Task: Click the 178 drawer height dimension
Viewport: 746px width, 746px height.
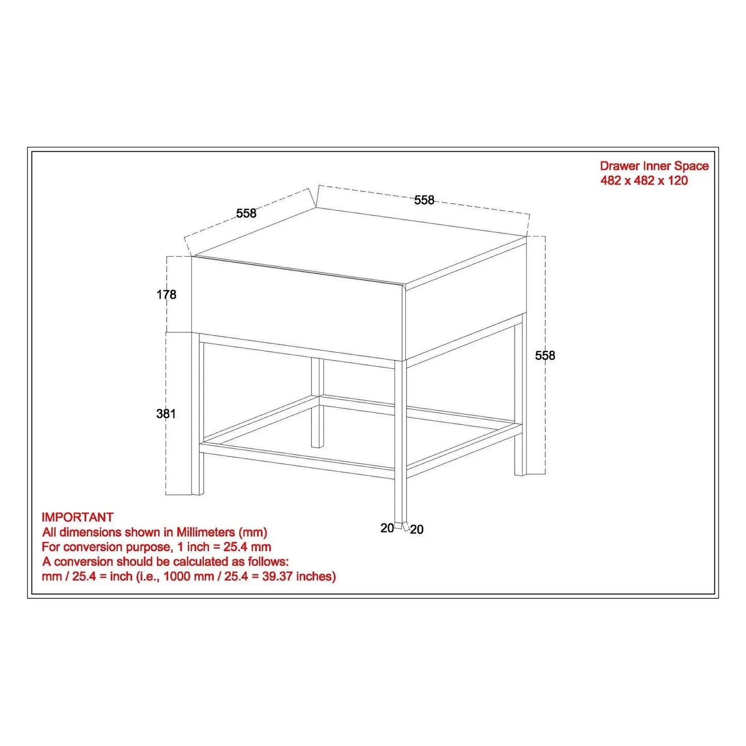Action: (166, 295)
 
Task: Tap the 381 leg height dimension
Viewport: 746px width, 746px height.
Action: (166, 414)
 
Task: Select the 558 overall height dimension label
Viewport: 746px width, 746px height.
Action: (545, 355)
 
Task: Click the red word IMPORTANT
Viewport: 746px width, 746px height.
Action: (77, 517)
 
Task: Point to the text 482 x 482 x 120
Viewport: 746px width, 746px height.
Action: (644, 180)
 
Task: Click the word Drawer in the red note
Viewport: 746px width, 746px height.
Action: (620, 166)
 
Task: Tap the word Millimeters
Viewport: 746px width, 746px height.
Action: (206, 532)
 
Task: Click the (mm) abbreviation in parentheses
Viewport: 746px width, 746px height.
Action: (253, 533)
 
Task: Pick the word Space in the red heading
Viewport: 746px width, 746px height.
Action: (691, 166)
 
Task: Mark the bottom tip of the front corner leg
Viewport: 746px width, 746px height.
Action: (401, 521)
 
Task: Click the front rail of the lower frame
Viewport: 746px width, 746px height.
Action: (298, 461)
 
